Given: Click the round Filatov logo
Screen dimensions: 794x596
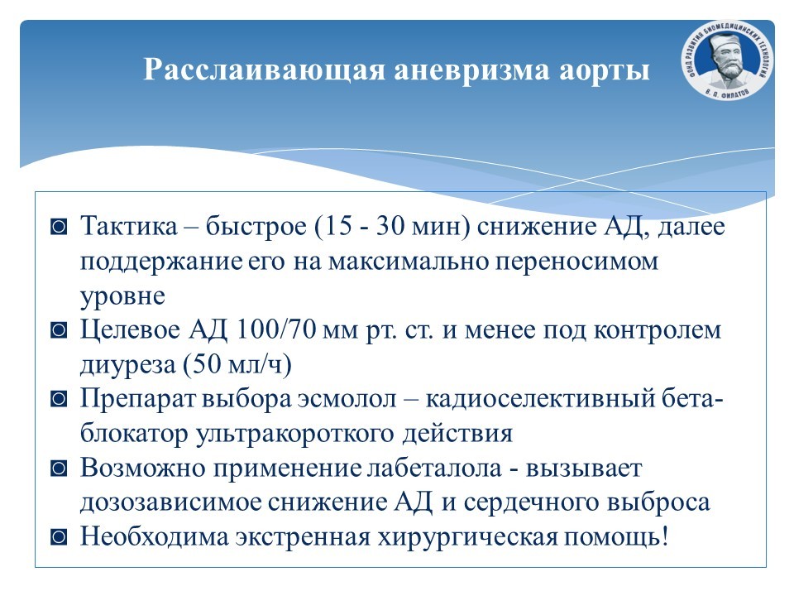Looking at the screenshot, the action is click(x=727, y=60).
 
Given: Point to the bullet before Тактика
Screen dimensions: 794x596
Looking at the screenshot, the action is click(x=59, y=227).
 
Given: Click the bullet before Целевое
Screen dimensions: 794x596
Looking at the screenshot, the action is click(x=59, y=330).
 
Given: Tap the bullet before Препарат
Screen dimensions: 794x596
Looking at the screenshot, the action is click(x=59, y=399).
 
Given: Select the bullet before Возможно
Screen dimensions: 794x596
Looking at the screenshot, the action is click(x=59, y=469).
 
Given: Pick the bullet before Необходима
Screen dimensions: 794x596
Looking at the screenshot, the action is click(x=59, y=537).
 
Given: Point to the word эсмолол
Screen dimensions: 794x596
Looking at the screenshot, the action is click(x=347, y=399).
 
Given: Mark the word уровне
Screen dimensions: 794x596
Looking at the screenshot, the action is click(x=122, y=296).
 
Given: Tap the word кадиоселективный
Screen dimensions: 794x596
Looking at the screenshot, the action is click(x=540, y=400).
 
